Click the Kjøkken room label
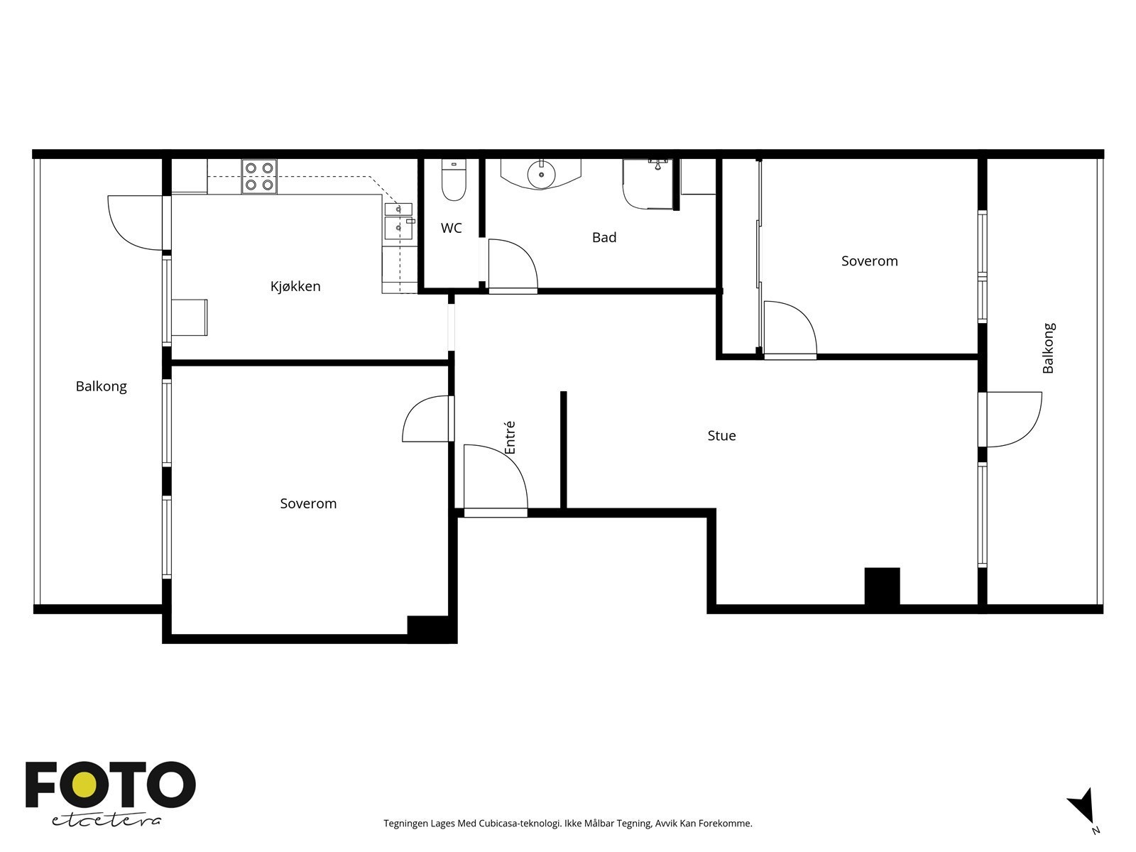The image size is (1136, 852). (295, 286)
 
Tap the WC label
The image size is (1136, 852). (451, 228)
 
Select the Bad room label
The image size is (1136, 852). (604, 237)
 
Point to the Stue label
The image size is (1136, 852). (721, 435)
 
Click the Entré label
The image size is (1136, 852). (510, 437)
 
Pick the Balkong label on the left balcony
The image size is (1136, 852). (101, 386)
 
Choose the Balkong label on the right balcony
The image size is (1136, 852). (1048, 348)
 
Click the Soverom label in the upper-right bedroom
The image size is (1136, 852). (869, 261)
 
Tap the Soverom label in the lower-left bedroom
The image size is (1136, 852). (308, 503)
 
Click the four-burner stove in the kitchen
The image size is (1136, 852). (258, 176)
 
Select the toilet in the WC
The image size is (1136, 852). (452, 181)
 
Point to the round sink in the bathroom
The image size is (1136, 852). (541, 173)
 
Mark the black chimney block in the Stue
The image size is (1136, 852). (882, 586)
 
